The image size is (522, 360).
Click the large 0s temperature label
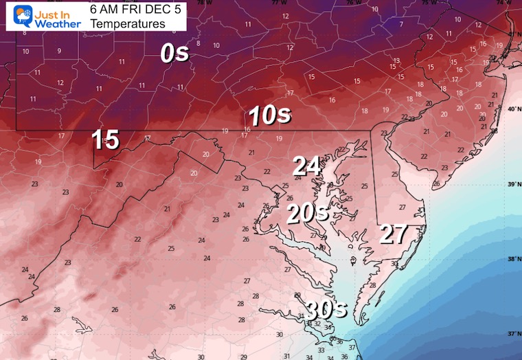click(175, 52)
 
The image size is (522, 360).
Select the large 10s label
click(269, 116)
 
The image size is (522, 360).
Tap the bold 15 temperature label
click(106, 140)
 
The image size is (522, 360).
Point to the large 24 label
click(307, 166)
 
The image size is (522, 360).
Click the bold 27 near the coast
click(394, 234)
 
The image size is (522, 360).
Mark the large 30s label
click(326, 310)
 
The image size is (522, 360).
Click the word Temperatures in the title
click(127, 24)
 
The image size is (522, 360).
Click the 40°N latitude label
click(512, 109)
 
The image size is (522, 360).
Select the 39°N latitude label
click(512, 184)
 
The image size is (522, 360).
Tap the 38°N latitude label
click(512, 259)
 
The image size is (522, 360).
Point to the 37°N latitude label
click(512, 334)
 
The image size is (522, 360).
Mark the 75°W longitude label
click(427, 3)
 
